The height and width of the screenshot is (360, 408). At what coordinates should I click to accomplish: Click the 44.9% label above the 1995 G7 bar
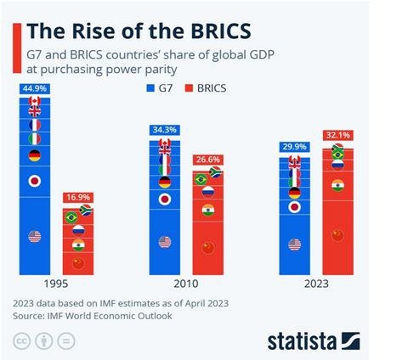tap(35, 88)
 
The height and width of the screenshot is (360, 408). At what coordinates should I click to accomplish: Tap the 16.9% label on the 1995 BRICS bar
tap(78, 197)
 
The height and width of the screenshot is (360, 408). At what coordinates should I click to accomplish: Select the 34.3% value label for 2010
tap(165, 130)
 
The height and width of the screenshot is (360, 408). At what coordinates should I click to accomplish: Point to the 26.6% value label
tap(208, 160)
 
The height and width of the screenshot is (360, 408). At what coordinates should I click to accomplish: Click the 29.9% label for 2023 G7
tap(295, 147)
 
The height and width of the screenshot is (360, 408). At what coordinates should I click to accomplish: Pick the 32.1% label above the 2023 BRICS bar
tap(338, 135)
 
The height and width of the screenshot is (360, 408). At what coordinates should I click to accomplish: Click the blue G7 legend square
tap(150, 88)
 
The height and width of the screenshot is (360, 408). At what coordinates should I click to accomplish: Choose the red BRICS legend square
tap(189, 88)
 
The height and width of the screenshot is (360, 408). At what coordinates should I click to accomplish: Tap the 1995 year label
tap(56, 284)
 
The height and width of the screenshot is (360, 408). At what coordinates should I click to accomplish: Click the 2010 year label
tap(186, 284)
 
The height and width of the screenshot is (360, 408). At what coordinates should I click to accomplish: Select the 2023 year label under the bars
tap(316, 284)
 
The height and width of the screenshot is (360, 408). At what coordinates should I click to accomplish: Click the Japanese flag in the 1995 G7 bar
tap(35, 181)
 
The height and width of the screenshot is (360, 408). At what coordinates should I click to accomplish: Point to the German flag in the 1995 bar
tap(35, 155)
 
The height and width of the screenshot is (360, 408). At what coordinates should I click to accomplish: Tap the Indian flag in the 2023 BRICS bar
tap(337, 185)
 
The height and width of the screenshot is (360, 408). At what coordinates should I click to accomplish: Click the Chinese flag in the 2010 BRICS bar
tap(208, 248)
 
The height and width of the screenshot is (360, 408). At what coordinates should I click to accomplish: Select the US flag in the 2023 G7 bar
tap(295, 245)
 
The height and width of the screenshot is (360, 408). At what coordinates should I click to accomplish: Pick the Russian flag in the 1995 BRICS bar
tap(78, 231)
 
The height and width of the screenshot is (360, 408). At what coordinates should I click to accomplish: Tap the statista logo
tap(314, 341)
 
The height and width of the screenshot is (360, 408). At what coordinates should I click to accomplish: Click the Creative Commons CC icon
tap(21, 340)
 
